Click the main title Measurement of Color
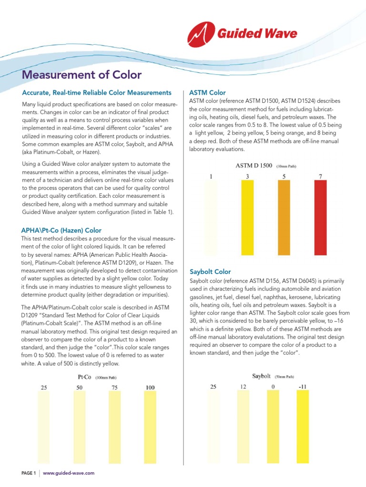pos(82,75)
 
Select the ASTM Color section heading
pos(207,93)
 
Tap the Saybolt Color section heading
pos(210,272)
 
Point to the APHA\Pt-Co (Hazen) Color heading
pos(61,230)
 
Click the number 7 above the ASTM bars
pos(320,176)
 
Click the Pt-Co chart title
pos(84,377)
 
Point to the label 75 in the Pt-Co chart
pos(115,388)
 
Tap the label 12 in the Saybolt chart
pos(243,387)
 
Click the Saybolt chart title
pos(261,376)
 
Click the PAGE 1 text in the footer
pos(29,473)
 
